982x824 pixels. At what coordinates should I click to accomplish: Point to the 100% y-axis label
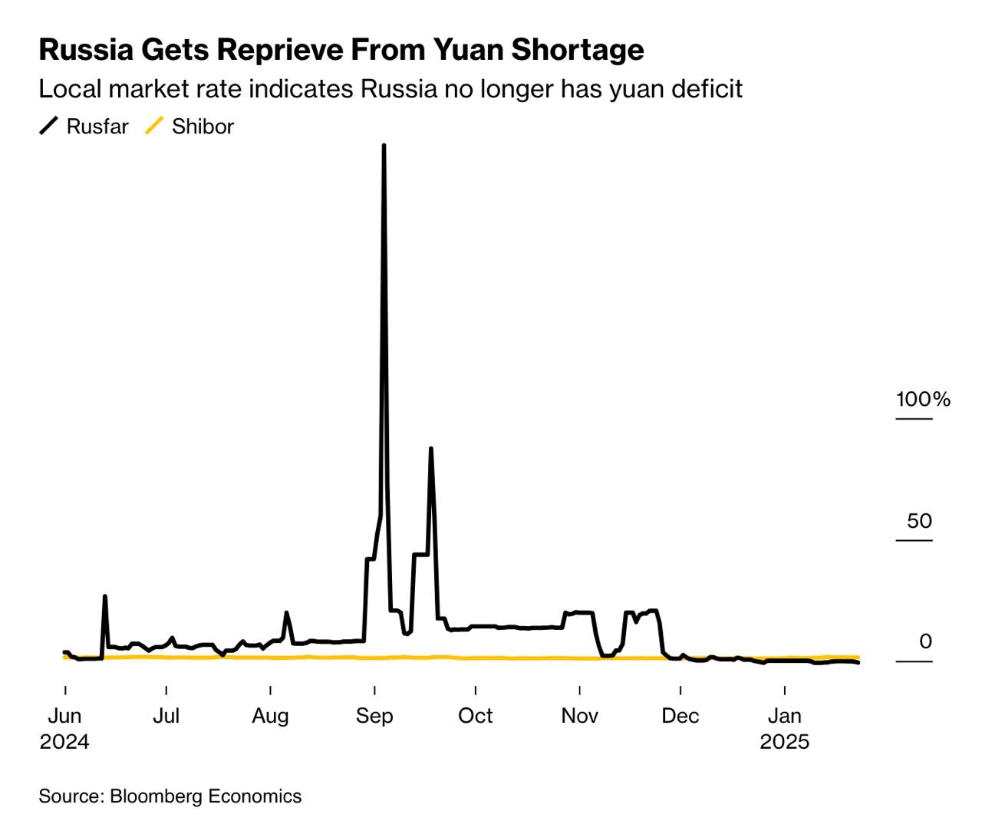tap(923, 399)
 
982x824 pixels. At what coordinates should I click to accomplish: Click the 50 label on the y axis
tap(919, 521)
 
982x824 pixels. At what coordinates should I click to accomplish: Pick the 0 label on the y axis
tap(925, 641)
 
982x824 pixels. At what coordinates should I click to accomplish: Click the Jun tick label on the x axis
tap(65, 716)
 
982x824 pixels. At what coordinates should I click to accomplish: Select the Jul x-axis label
tap(166, 716)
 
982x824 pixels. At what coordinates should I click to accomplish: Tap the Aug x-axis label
tap(270, 716)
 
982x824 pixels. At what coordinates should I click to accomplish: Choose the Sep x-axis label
tap(374, 716)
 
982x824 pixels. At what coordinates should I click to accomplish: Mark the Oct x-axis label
tap(475, 716)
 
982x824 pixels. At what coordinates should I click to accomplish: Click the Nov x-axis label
tap(579, 716)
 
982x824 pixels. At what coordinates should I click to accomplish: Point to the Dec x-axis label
tap(680, 716)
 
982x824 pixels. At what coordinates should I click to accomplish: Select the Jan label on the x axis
tap(784, 716)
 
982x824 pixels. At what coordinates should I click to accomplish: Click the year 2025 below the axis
tap(784, 742)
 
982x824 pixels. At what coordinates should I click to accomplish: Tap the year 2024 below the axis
tap(65, 742)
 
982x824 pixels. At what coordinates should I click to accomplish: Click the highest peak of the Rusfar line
tap(384, 146)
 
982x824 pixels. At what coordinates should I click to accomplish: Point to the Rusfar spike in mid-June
tap(105, 597)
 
